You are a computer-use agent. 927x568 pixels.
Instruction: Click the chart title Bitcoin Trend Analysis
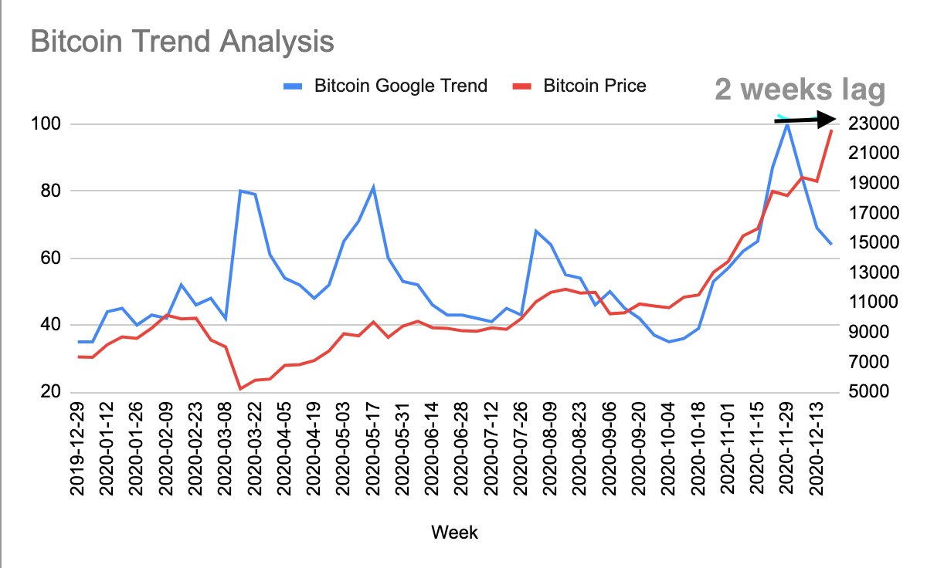coord(182,41)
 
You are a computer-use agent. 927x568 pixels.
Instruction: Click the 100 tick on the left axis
coord(49,124)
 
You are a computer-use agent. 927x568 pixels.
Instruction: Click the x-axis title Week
coord(454,532)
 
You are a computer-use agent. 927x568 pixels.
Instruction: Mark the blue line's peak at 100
coord(786,123)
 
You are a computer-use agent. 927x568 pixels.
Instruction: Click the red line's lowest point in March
coord(240,388)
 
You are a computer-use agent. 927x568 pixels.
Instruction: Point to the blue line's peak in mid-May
coord(374,187)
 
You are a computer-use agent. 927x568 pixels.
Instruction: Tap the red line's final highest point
coord(831,130)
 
